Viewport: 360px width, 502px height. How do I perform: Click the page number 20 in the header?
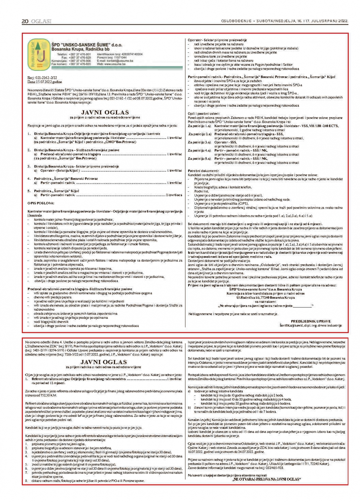click(25, 21)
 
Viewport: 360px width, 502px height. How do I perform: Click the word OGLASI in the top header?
click(41, 21)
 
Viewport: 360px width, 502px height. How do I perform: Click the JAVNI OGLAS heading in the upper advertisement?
click(105, 113)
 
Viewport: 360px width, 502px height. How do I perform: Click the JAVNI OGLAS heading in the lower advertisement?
click(104, 362)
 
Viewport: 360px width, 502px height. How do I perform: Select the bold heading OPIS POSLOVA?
click(41, 203)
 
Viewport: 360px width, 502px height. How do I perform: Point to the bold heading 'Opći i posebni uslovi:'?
click(204, 114)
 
